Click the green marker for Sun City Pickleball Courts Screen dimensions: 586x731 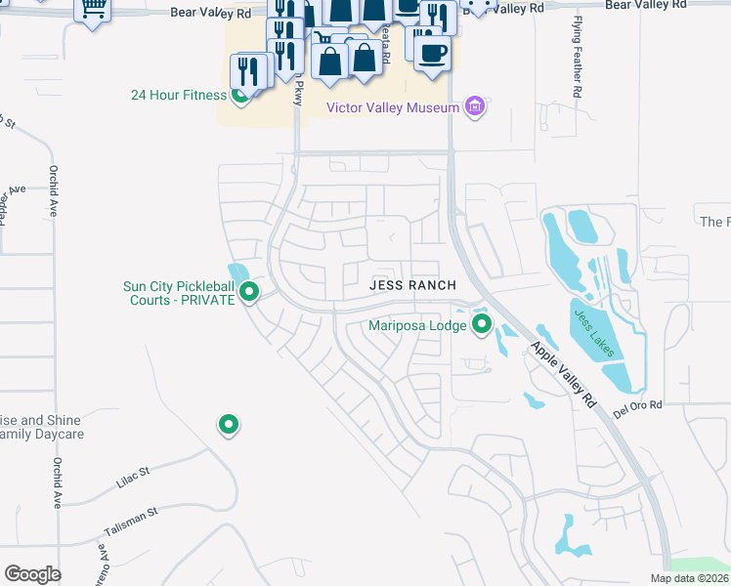click(249, 291)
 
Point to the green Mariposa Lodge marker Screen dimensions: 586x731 click(481, 324)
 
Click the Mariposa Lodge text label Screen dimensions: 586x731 click(417, 326)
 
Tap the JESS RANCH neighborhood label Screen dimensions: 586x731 click(412, 285)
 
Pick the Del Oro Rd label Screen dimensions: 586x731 click(637, 405)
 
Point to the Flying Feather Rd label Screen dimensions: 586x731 click(578, 67)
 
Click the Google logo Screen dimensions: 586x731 click(32, 574)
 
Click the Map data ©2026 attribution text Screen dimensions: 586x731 click(689, 578)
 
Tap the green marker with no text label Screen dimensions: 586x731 click(228, 424)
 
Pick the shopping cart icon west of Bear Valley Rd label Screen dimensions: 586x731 click(92, 9)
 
